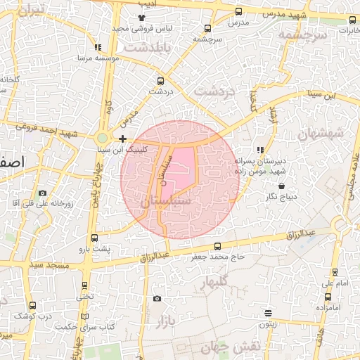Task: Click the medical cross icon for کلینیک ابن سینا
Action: [x=123, y=139]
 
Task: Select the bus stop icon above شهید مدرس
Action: [x=238, y=11]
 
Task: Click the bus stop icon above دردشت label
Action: [x=161, y=81]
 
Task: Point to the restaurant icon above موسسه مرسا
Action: [x=98, y=48]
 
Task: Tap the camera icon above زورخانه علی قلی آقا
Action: [x=42, y=193]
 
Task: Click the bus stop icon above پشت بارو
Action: [x=94, y=238]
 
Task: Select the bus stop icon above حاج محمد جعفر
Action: [x=217, y=246]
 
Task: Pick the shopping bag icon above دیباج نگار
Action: [x=281, y=186]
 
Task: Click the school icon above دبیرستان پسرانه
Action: [x=260, y=150]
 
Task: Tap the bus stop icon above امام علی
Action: [x=335, y=272]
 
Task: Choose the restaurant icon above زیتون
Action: [x=268, y=313]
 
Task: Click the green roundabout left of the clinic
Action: [x=103, y=139]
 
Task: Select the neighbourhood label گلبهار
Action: [x=215, y=283]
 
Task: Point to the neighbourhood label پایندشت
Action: [x=144, y=46]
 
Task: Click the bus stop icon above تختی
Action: [x=85, y=285]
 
